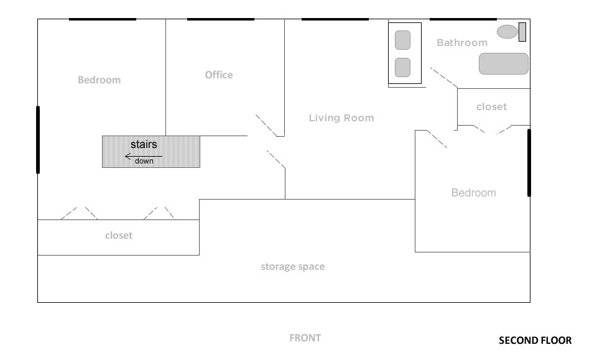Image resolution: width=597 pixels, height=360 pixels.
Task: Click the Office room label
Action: (x=219, y=75)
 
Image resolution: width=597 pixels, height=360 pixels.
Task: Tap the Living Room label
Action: (x=341, y=118)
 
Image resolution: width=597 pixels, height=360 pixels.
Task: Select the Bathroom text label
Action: (x=462, y=43)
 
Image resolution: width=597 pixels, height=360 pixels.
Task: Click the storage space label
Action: (x=293, y=267)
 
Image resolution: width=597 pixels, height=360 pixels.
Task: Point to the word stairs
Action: (x=144, y=144)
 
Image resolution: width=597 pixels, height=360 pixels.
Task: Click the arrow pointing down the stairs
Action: (x=144, y=157)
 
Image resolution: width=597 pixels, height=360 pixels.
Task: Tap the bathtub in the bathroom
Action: (x=503, y=63)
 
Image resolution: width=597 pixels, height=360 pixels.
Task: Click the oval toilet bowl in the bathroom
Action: (x=507, y=32)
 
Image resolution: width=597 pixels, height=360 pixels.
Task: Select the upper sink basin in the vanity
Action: (x=402, y=40)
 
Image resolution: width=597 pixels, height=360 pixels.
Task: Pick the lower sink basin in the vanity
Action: (x=402, y=67)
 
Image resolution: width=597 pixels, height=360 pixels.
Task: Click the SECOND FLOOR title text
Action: (x=535, y=340)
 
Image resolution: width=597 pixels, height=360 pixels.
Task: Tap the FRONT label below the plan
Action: (x=305, y=338)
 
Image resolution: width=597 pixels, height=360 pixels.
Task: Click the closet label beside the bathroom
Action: (x=491, y=107)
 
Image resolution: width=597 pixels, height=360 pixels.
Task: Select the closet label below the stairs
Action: (x=119, y=236)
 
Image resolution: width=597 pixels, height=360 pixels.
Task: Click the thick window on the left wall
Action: (x=38, y=140)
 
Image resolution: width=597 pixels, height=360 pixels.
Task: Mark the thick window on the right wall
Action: (x=529, y=163)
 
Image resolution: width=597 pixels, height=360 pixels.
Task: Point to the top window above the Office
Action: (x=220, y=19)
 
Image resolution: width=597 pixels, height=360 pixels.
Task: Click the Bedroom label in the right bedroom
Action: (x=474, y=193)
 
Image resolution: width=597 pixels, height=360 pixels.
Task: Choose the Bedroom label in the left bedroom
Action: (x=99, y=80)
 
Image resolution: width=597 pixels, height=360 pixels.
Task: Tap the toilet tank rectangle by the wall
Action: (x=522, y=32)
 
